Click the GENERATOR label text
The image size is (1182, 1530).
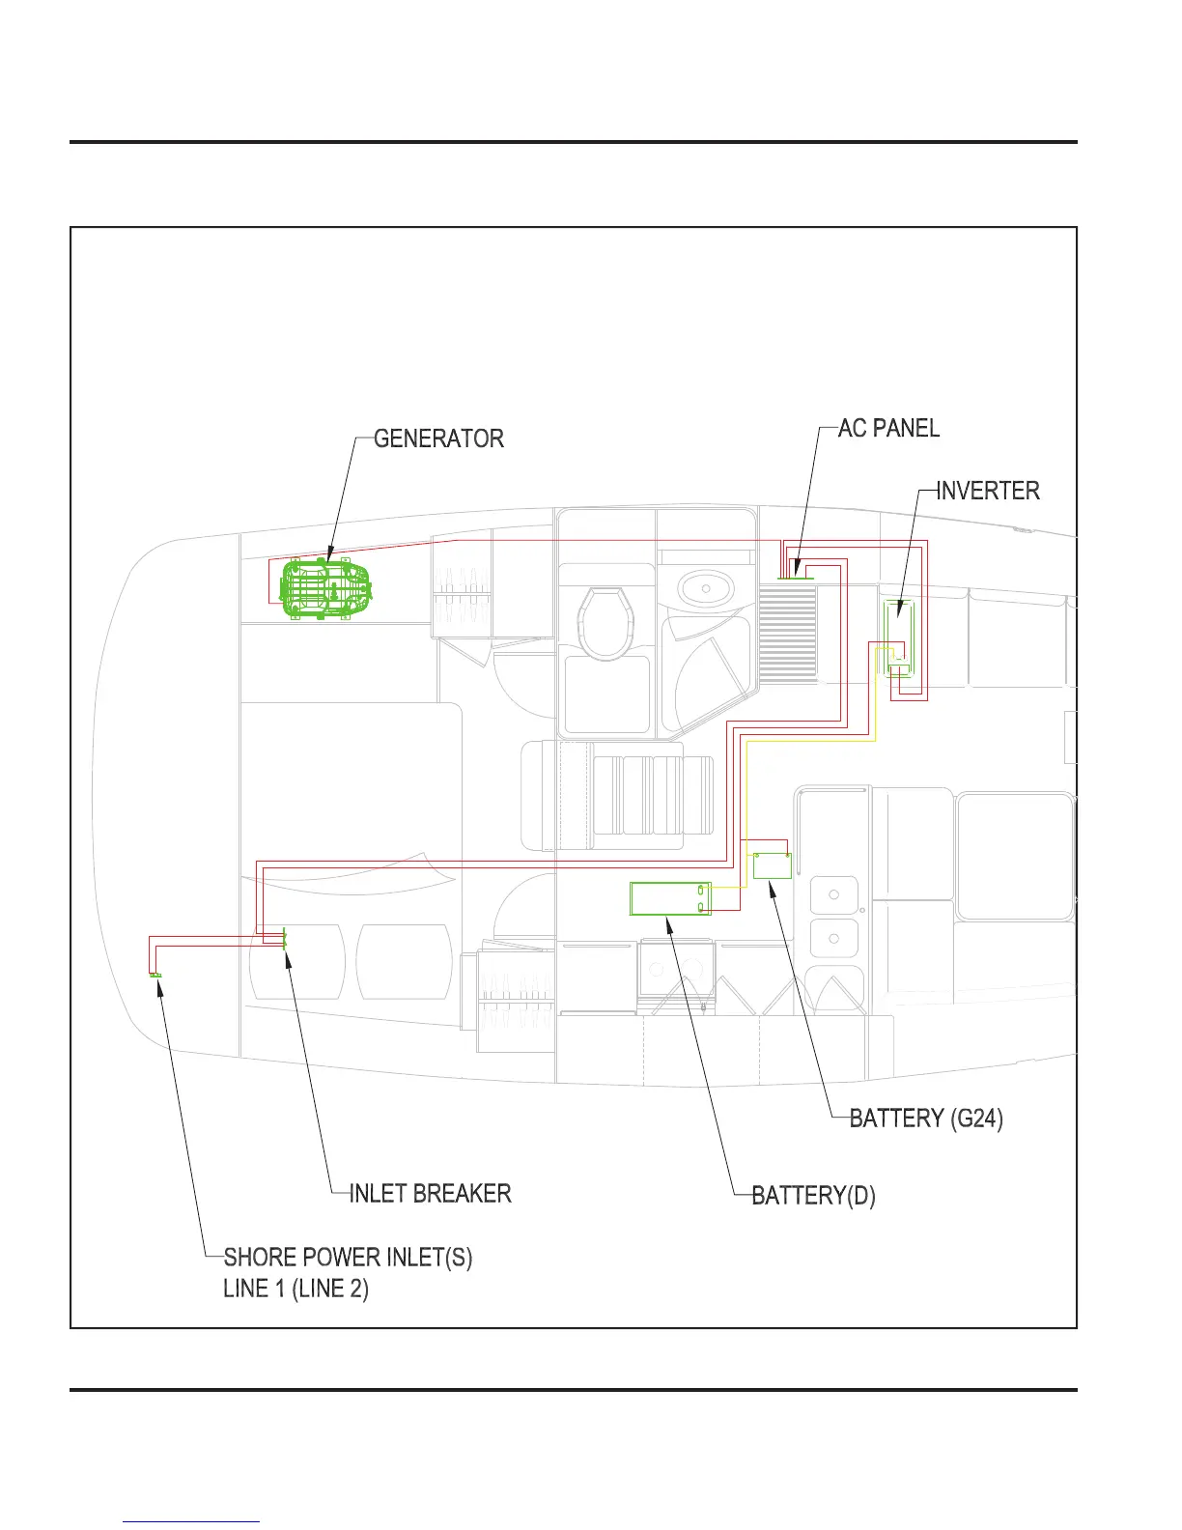pos(438,439)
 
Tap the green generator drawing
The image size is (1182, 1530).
pos(325,587)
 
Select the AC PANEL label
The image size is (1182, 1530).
pos(888,428)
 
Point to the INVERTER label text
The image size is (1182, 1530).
pos(988,491)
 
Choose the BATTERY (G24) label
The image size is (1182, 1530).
pos(926,1119)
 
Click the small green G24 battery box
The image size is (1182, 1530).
pos(772,865)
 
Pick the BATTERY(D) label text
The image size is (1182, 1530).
pos(813,1196)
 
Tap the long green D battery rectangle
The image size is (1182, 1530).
pos(670,898)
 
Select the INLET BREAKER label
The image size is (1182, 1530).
pos(430,1194)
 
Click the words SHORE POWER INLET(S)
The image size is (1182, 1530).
pos(348,1258)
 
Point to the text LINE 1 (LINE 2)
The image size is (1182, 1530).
pos(295,1289)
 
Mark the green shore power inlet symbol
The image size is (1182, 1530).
pos(155,976)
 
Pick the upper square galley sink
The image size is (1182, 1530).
pos(833,894)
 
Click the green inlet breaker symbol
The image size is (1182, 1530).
pos(284,939)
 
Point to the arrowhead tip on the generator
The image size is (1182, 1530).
pos(327,563)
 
